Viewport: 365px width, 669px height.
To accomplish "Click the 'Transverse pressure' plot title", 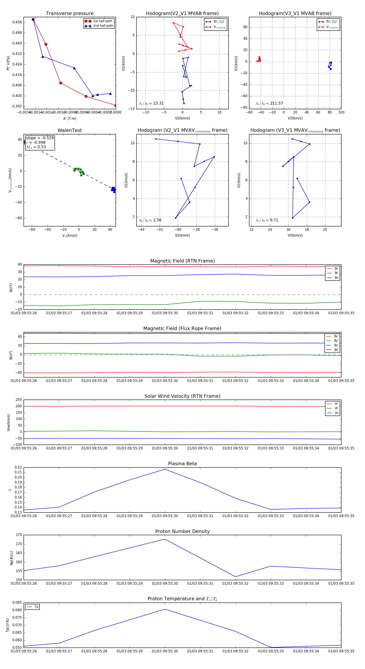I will pyautogui.click(x=70, y=14).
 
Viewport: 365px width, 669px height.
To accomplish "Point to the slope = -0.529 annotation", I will pyautogui.click(x=40, y=138).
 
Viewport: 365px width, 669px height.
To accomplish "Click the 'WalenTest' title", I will pyautogui.click(x=70, y=130).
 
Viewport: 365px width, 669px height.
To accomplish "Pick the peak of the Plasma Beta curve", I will pyautogui.click(x=165, y=469).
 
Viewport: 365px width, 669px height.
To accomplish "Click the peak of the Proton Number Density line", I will pyautogui.click(x=165, y=539).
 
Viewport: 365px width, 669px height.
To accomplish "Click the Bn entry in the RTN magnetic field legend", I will pyautogui.click(x=336, y=278).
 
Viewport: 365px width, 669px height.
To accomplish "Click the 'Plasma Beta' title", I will pyautogui.click(x=182, y=464).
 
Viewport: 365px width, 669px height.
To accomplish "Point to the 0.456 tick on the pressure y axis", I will pyautogui.click(x=17, y=22).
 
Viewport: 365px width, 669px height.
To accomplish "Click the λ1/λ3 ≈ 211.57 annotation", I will pyautogui.click(x=269, y=103).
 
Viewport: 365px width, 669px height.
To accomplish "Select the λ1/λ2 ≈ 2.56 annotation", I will pyautogui.click(x=150, y=220).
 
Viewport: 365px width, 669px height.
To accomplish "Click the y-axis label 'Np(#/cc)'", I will pyautogui.click(x=11, y=557).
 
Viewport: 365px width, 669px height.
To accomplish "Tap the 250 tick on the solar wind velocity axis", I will pyautogui.click(x=19, y=400).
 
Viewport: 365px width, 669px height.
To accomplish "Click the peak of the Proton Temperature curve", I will pyautogui.click(x=165, y=609).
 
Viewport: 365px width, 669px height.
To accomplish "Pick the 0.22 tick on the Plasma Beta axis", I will pyautogui.click(x=18, y=467).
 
